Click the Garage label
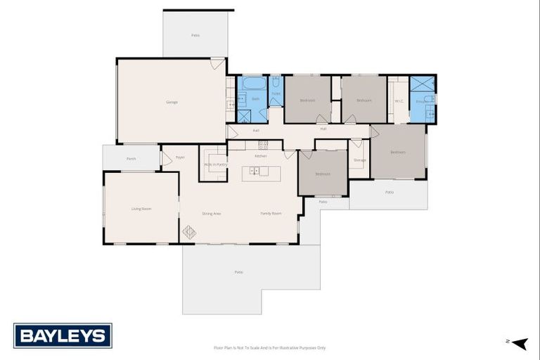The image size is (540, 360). [172, 102]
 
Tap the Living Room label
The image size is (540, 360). [141, 209]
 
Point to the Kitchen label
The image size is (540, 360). [260, 155]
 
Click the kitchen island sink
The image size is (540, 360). [256, 170]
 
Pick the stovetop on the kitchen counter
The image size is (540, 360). [263, 146]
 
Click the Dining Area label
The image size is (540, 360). [212, 213]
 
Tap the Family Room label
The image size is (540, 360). [271, 213]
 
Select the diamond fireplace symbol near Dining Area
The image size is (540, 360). [189, 231]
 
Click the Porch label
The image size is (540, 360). [131, 159]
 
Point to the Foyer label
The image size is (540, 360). [180, 157]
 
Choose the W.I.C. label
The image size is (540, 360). [398, 101]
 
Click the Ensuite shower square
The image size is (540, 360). [422, 84]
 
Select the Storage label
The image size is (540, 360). [359, 160]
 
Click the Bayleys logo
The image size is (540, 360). [63, 335]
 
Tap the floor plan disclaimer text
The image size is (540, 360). [269, 347]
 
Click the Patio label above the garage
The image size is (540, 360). [195, 35]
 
